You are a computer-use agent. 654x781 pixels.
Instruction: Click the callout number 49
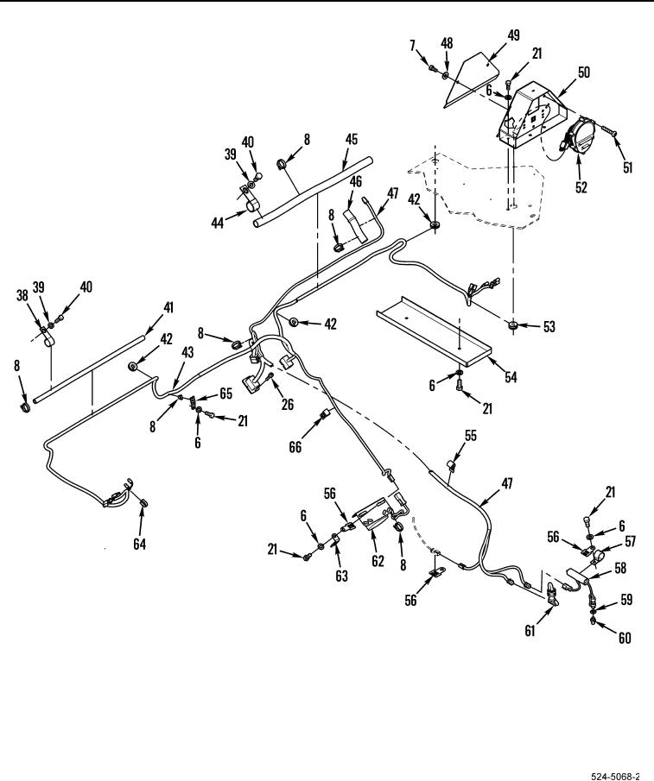click(x=513, y=35)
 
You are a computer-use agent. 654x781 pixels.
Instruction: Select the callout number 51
click(x=627, y=167)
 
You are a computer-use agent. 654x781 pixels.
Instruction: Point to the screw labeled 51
click(x=608, y=131)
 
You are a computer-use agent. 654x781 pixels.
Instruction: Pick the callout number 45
click(x=352, y=139)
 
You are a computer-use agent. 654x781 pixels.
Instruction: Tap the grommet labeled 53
click(x=513, y=326)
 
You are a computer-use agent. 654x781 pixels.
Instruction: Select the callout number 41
click(x=168, y=307)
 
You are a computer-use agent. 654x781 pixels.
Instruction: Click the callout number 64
click(x=140, y=544)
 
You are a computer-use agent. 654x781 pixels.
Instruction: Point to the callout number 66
click(x=295, y=447)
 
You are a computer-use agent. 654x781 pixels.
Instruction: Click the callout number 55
click(x=471, y=436)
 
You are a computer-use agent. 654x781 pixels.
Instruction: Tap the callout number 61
click(x=530, y=631)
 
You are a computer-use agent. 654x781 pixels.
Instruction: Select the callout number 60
click(x=624, y=638)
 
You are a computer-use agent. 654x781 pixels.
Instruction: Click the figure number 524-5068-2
click(x=614, y=776)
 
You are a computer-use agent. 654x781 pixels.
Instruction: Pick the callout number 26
click(x=288, y=404)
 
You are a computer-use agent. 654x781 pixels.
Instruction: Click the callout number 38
click(x=22, y=295)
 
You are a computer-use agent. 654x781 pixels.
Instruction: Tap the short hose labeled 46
click(x=354, y=225)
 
